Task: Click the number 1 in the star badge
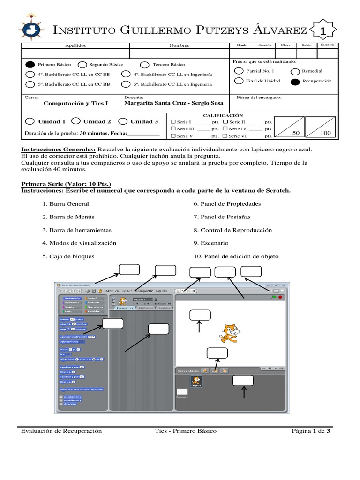[x=322, y=31]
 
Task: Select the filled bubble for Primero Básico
[x=30, y=65]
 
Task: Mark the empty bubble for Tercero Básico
[x=145, y=65]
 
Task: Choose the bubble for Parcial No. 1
[x=238, y=71]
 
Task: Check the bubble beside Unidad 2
[x=77, y=121]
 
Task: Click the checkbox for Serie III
[x=173, y=128]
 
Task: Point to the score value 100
[x=325, y=133]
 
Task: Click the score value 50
[x=296, y=133]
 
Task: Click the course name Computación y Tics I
[x=75, y=103]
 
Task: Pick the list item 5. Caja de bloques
[x=68, y=256]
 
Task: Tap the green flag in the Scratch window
[x=273, y=297]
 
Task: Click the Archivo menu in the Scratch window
[x=112, y=291]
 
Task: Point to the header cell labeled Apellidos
[x=75, y=45]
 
